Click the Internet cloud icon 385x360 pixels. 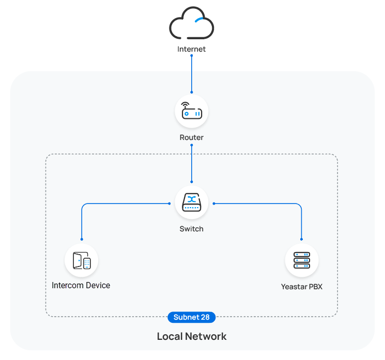click(x=192, y=25)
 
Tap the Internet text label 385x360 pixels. click(x=192, y=50)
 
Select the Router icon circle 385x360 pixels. click(x=192, y=112)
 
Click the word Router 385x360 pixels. click(x=192, y=138)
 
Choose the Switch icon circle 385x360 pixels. click(x=192, y=203)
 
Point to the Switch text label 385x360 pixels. click(x=192, y=229)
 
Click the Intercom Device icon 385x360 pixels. click(x=82, y=260)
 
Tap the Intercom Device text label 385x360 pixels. click(x=81, y=286)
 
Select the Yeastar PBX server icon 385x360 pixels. click(x=302, y=260)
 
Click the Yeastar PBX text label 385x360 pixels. click(x=302, y=287)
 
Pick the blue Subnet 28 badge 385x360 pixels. click(x=192, y=317)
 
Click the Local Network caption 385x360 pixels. click(x=192, y=337)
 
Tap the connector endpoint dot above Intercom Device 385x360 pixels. click(x=82, y=239)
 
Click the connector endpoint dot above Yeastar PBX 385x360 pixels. click(x=302, y=239)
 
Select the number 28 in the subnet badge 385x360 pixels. click(x=205, y=317)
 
